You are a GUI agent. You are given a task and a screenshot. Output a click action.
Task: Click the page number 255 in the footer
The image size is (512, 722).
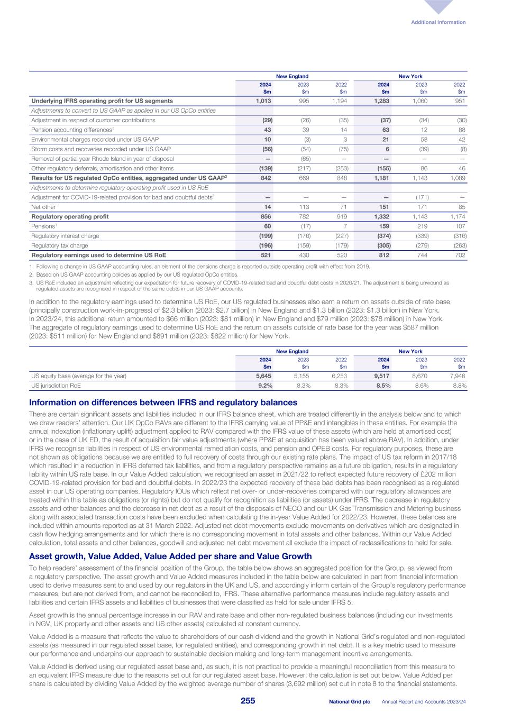[248, 701]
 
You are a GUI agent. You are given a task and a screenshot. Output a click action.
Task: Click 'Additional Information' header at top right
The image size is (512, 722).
[438, 22]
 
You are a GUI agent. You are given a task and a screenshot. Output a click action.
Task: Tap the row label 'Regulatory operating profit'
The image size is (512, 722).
[63, 216]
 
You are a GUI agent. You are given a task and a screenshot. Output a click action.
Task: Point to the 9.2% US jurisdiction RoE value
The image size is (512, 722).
[265, 386]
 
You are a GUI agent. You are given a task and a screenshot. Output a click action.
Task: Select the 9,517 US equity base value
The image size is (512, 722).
[382, 376]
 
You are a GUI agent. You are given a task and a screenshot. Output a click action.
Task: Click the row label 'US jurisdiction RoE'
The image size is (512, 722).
[56, 386]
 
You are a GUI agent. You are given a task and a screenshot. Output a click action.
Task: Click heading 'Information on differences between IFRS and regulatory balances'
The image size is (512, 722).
[163, 403]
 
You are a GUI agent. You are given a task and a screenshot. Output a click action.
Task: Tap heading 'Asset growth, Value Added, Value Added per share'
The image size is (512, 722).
[170, 556]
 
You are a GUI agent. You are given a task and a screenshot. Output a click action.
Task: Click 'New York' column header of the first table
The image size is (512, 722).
[410, 76]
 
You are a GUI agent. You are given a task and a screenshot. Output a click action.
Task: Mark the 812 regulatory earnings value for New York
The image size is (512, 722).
[385, 255]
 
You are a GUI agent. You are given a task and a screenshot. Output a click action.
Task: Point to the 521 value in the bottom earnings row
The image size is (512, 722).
[266, 255]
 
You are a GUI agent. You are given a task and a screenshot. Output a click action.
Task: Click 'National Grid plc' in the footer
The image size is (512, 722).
[349, 701]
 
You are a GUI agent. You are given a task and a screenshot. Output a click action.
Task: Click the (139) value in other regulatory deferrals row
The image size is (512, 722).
[264, 168]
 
